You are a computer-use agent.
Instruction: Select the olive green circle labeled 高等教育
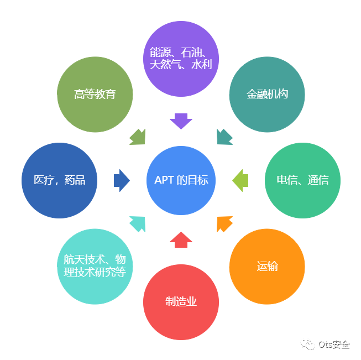95,95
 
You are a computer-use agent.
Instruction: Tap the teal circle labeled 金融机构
267,95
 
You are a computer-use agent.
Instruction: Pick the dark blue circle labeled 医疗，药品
59,180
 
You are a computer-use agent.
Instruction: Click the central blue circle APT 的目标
181,180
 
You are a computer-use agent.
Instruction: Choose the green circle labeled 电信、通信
302,180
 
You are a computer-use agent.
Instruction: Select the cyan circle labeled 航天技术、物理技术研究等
95,266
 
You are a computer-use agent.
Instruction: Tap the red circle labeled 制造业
181,302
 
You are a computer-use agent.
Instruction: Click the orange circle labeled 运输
267,266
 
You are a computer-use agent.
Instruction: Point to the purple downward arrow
181,121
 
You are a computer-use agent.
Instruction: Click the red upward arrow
181,239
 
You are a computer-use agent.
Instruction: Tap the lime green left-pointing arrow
240,180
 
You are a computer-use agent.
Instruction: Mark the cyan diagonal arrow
138,223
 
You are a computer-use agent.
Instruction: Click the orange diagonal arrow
224,223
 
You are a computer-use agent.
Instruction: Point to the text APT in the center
164,180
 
